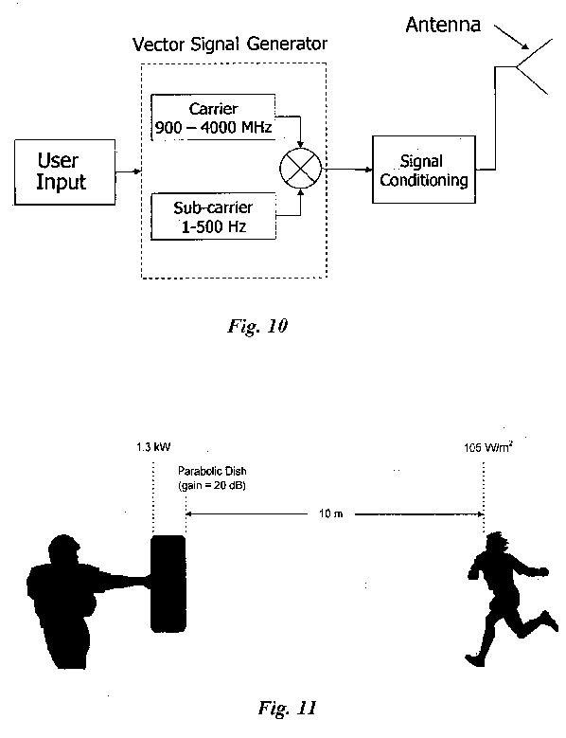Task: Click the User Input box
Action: (x=65, y=171)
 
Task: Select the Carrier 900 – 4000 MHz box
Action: (x=213, y=117)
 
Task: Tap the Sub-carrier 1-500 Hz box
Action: (x=213, y=217)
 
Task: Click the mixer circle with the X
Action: (x=301, y=169)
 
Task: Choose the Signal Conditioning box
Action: (x=424, y=170)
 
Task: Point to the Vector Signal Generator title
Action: (x=230, y=45)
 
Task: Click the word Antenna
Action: (x=443, y=25)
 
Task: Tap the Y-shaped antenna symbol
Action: (x=531, y=67)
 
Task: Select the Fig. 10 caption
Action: (x=257, y=326)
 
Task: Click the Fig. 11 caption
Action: (x=287, y=708)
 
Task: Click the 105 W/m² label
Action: (x=487, y=447)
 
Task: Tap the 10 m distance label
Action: (x=331, y=513)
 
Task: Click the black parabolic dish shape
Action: (x=168, y=584)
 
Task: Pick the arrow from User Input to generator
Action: (x=129, y=171)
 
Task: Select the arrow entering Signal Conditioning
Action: (x=347, y=169)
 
